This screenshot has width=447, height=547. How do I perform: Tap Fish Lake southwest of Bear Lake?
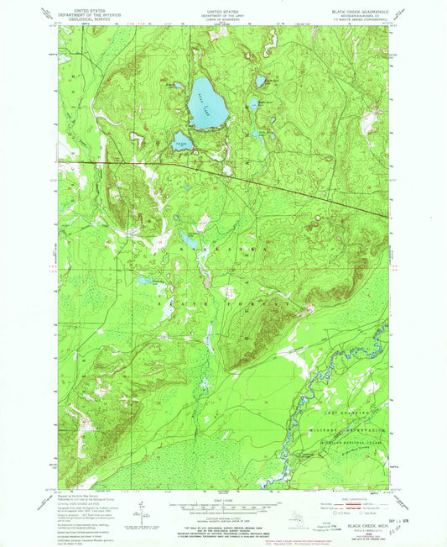coord(181,141)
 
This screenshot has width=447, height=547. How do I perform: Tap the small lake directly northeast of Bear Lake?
coord(260,82)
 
